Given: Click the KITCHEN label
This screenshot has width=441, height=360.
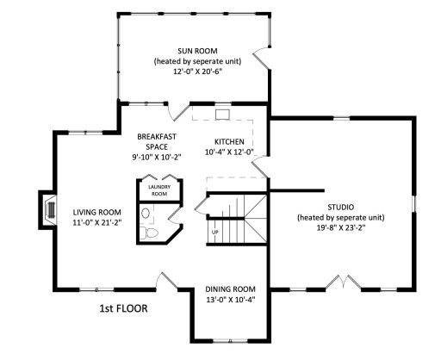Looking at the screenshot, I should (x=229, y=140).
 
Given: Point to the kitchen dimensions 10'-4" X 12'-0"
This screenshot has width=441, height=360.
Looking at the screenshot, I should (x=229, y=152).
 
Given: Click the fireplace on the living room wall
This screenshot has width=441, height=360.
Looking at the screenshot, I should (x=43, y=211).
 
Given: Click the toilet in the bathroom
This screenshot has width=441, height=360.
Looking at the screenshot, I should (x=152, y=233).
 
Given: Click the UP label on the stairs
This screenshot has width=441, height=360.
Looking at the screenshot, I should (x=215, y=232).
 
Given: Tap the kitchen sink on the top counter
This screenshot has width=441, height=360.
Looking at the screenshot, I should (x=222, y=112).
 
